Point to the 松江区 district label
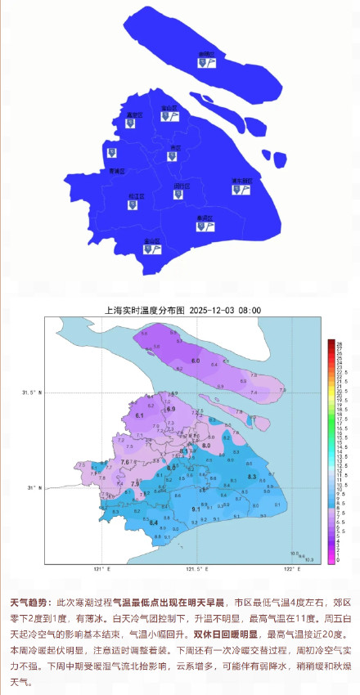[135, 195]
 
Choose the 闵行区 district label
[181, 186]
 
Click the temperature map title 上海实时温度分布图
[142, 310]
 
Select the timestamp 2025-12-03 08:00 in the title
[225, 310]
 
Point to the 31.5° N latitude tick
[33, 393]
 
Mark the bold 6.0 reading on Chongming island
[196, 361]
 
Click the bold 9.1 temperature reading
[196, 509]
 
